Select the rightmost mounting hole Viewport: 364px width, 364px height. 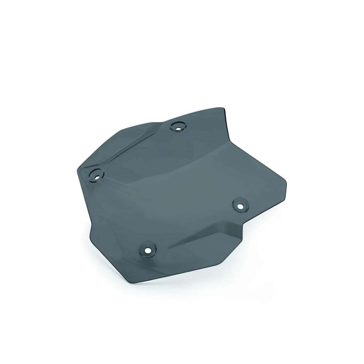pyautogui.click(x=240, y=206)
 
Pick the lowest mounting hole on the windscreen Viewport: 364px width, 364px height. pyautogui.click(x=147, y=251)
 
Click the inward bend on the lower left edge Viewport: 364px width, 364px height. pyautogui.click(x=92, y=222)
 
